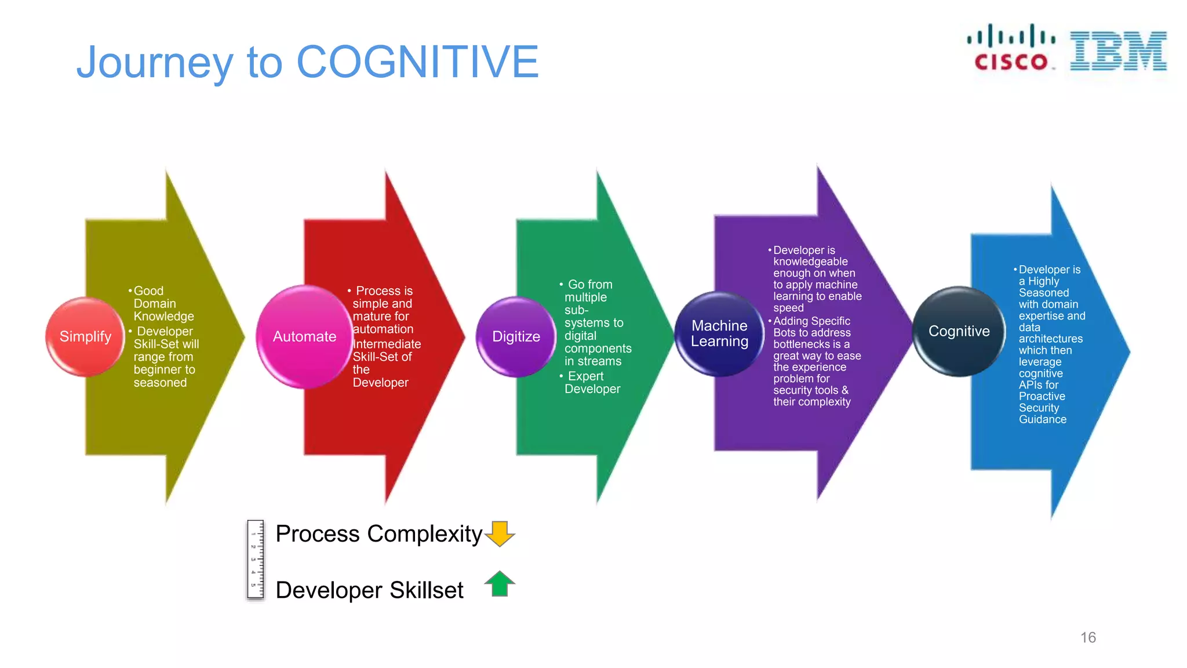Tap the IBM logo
pyautogui.click(x=1118, y=51)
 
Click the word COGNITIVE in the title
pyautogui.click(x=417, y=61)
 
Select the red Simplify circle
pyautogui.click(x=85, y=336)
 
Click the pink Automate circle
pyautogui.click(x=304, y=336)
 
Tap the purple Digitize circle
pyautogui.click(x=515, y=336)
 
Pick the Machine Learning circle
pyautogui.click(x=719, y=333)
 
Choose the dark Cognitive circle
pyautogui.click(x=959, y=331)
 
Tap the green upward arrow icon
pyautogui.click(x=500, y=583)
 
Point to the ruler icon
pyautogui.click(x=255, y=560)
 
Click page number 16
pyautogui.click(x=1088, y=637)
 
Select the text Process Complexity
pyautogui.click(x=378, y=533)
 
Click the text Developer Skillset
pyautogui.click(x=369, y=590)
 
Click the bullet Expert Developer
pyautogui.click(x=591, y=382)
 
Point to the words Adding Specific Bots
pyautogui.click(x=811, y=326)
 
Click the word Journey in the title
pyautogui.click(x=154, y=63)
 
